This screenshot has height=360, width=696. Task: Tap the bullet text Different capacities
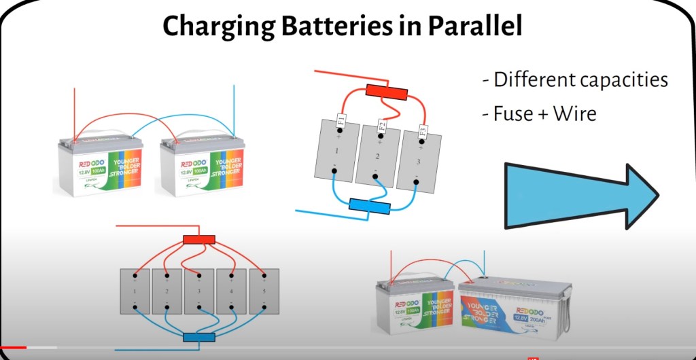click(x=575, y=79)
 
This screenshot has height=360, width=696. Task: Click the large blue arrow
click(x=581, y=195)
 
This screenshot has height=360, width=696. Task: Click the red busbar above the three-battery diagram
click(x=385, y=90)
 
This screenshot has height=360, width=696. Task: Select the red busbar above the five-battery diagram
click(x=199, y=239)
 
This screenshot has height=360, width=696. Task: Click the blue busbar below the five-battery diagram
click(x=199, y=337)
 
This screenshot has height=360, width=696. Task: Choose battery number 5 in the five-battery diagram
click(x=264, y=291)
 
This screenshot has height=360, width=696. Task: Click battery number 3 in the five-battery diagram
click(x=199, y=291)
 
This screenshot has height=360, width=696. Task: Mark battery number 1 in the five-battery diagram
click(x=135, y=291)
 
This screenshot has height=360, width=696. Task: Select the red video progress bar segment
click(x=13, y=347)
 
